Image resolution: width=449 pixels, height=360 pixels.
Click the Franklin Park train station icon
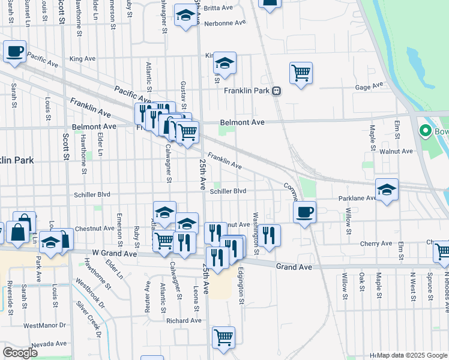click(x=277, y=91)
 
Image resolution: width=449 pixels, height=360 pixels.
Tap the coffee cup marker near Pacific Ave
click(x=14, y=51)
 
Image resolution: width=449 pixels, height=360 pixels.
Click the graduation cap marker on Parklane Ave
click(x=387, y=190)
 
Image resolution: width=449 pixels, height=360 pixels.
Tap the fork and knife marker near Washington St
click(x=268, y=235)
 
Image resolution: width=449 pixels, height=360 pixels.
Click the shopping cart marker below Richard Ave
click(x=223, y=337)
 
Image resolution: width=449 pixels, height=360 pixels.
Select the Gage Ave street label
click(x=369, y=87)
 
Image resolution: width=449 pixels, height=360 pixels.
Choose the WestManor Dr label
click(x=44, y=325)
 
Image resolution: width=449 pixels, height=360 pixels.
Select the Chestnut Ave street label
click(x=95, y=229)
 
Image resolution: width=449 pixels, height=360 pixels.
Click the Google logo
click(x=20, y=353)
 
